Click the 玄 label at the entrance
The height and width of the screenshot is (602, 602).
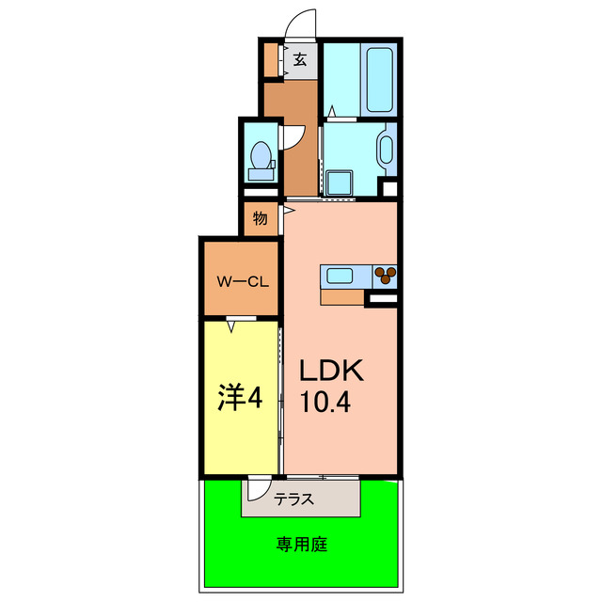(x=300, y=59)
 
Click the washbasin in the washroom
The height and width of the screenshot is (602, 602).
(x=385, y=150)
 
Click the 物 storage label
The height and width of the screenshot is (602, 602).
(x=261, y=219)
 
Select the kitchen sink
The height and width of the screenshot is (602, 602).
(x=340, y=276)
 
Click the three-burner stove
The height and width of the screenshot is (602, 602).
(x=386, y=276)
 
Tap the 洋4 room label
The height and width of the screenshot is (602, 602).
(x=240, y=398)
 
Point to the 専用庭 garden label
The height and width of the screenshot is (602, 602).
(x=301, y=543)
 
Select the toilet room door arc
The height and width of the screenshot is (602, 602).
(x=293, y=136)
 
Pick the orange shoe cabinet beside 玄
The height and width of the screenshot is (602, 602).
(x=271, y=59)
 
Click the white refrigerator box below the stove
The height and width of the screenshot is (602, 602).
(x=381, y=299)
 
